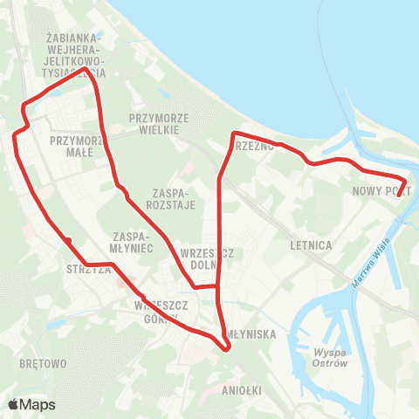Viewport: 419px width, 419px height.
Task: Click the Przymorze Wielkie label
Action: [153, 122]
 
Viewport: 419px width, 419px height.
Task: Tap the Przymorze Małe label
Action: [79, 145]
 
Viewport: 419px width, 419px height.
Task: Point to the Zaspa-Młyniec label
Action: [134, 242]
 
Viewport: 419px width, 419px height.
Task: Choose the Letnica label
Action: [310, 246]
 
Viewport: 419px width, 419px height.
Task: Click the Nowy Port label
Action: [381, 189]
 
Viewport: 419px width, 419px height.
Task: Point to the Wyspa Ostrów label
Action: [330, 357]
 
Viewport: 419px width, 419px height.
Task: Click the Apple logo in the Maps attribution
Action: [14, 404]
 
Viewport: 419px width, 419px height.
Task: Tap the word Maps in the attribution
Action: [38, 404]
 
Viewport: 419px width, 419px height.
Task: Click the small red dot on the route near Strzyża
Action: [66, 238]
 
